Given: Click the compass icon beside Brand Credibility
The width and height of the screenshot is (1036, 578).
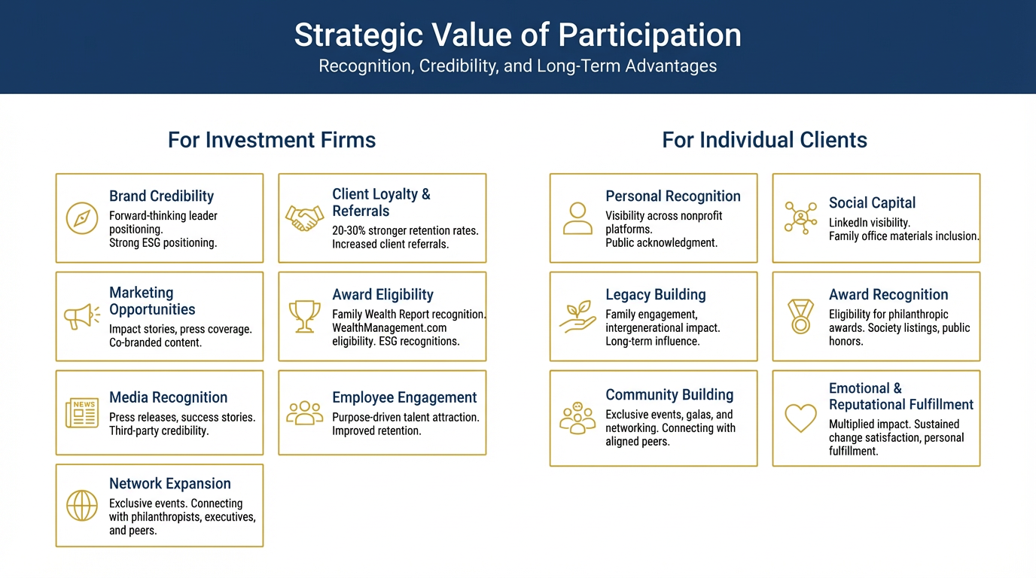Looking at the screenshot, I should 81,218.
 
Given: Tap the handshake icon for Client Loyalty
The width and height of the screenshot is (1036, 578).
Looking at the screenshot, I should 304,218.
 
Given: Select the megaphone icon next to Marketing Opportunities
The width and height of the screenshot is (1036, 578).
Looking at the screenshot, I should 81,317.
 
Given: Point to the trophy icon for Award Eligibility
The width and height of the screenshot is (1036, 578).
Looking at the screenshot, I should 304,317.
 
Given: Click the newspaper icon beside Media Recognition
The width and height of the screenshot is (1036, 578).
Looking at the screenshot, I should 81,413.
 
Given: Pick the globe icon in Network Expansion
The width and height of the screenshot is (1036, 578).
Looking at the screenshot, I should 81,506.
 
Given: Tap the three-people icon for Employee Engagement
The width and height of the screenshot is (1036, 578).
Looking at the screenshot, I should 304,412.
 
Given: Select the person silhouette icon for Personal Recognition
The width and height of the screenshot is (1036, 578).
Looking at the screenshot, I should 577,218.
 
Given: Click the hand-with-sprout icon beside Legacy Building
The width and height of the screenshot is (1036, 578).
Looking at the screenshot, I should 577,317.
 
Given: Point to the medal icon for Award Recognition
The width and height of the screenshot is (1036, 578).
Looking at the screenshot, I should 800,317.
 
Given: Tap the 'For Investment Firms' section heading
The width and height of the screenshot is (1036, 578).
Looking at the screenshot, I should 272,140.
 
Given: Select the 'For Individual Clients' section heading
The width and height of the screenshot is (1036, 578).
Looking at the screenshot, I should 764,140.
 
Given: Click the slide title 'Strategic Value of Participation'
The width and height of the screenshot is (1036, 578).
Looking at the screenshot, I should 518,35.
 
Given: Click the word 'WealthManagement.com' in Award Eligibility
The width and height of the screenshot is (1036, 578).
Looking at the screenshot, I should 389,328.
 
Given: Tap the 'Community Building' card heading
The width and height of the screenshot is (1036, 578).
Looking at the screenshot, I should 669,395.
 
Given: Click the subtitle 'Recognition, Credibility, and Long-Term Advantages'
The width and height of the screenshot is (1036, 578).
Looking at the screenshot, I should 518,66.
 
